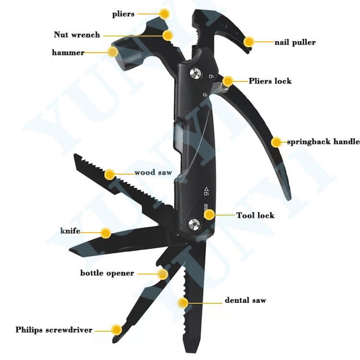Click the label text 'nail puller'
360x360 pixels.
(x=295, y=42)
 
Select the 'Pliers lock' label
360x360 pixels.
(x=270, y=81)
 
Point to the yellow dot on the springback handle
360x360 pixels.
(x=276, y=142)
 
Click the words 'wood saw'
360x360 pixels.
(x=153, y=172)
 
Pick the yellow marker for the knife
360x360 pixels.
(x=106, y=233)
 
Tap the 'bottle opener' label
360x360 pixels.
(x=107, y=273)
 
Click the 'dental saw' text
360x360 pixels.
(x=245, y=300)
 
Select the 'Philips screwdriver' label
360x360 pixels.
(x=54, y=330)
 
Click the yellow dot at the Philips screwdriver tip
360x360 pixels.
(x=116, y=329)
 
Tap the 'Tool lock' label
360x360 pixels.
(x=255, y=215)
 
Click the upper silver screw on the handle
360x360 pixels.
(x=195, y=73)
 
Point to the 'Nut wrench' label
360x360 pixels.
(x=77, y=35)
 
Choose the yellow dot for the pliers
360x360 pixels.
(x=164, y=14)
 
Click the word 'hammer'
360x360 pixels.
(x=68, y=52)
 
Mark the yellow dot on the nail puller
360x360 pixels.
(x=249, y=42)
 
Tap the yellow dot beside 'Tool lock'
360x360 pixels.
(x=209, y=215)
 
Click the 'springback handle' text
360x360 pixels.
(x=323, y=142)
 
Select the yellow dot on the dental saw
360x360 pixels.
(x=182, y=302)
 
